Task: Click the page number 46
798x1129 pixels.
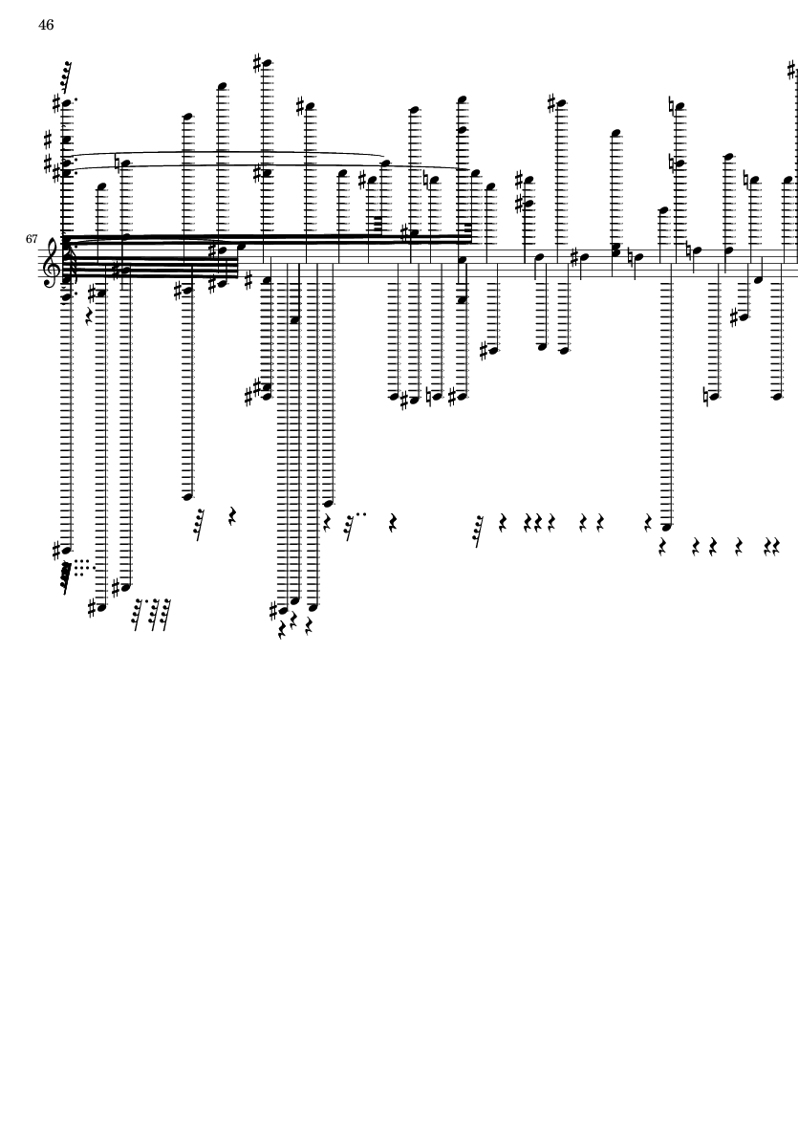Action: pyautogui.click(x=46, y=25)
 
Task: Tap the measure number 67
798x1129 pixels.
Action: pyautogui.click(x=32, y=238)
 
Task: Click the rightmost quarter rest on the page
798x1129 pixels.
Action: pyautogui.click(x=777, y=548)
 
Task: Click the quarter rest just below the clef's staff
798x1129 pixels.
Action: pyautogui.click(x=89, y=315)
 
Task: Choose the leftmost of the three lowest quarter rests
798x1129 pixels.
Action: pyautogui.click(x=282, y=631)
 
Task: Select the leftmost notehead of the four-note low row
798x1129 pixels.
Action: pyautogui.click(x=394, y=396)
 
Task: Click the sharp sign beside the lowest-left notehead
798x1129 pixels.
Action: pyautogui.click(x=92, y=608)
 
